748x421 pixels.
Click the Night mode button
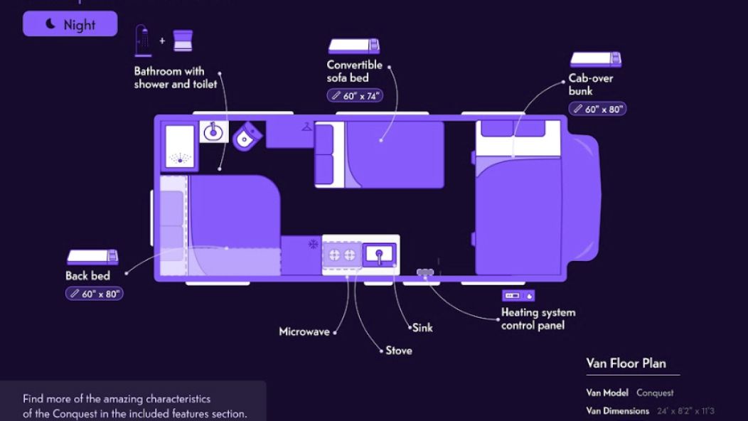coord(70,24)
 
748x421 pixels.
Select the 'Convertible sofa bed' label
coord(354,71)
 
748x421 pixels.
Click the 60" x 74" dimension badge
coord(355,95)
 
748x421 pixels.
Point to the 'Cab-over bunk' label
coord(590,85)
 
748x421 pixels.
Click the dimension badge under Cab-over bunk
coord(597,109)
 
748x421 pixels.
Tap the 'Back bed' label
coord(87,276)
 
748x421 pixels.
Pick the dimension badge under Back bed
coord(95,293)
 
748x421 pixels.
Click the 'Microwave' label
coord(304,332)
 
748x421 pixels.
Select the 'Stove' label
coord(398,351)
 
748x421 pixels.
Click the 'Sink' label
coord(422,328)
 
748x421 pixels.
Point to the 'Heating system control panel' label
coord(538,319)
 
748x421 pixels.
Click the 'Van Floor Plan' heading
coord(626,363)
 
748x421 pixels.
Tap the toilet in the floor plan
coord(246,136)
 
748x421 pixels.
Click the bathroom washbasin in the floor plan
coord(213,132)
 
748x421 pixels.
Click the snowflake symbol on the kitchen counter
coord(312,245)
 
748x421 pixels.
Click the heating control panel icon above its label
coord(518,295)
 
